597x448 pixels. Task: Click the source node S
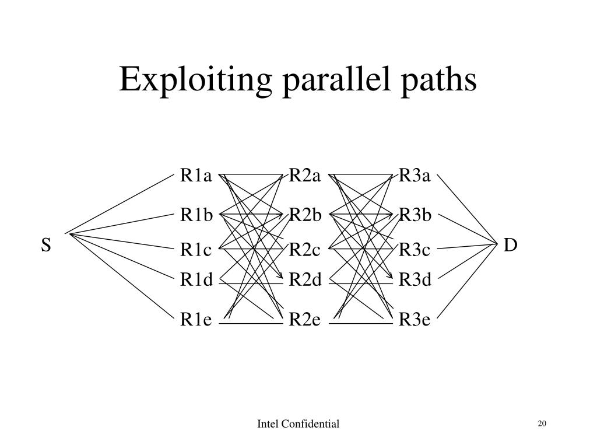tap(46, 246)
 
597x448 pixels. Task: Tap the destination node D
tap(510, 246)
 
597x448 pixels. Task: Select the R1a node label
tap(196, 176)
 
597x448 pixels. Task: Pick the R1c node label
tap(196, 250)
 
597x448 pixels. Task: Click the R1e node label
tap(196, 320)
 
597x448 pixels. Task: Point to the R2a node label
tap(305, 176)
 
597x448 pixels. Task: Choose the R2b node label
tap(305, 216)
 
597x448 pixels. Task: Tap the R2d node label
tap(305, 281)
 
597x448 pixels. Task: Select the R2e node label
tap(305, 320)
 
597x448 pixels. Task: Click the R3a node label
tap(415, 176)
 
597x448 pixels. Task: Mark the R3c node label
tap(415, 250)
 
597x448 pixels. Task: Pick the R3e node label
tap(415, 320)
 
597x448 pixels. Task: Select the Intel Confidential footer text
tap(298, 424)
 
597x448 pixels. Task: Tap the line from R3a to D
tap(466, 208)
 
